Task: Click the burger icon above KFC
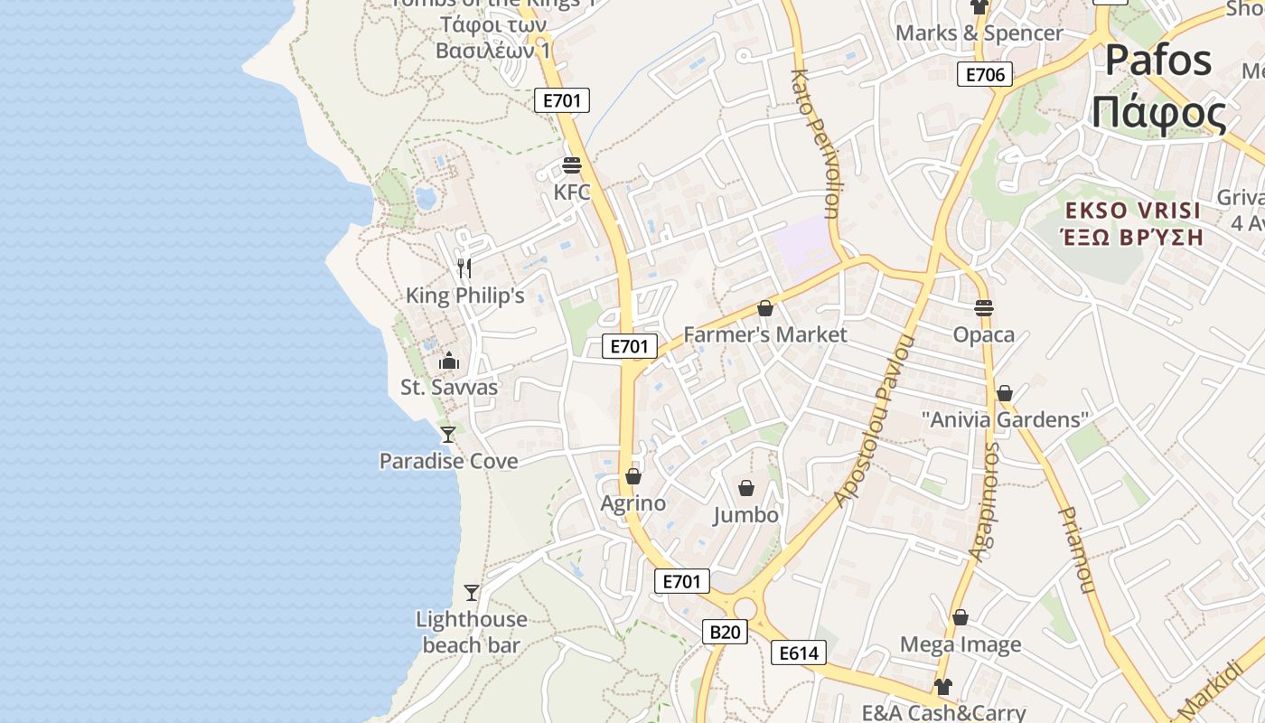coord(572,165)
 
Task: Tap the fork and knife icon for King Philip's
coord(464,268)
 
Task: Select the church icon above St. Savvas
coord(449,361)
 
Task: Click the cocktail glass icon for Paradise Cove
coord(448,435)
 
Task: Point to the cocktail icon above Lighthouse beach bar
coord(472,593)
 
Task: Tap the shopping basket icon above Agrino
coord(633,476)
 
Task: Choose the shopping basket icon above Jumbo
coord(746,489)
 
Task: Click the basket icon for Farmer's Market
coord(765,309)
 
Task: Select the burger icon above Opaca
coord(984,308)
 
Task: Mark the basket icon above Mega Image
coord(960,618)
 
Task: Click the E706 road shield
coord(985,74)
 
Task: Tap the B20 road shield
coord(725,632)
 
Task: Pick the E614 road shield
coord(799,653)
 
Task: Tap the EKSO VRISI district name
coord(1133,211)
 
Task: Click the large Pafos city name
coord(1158,61)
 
